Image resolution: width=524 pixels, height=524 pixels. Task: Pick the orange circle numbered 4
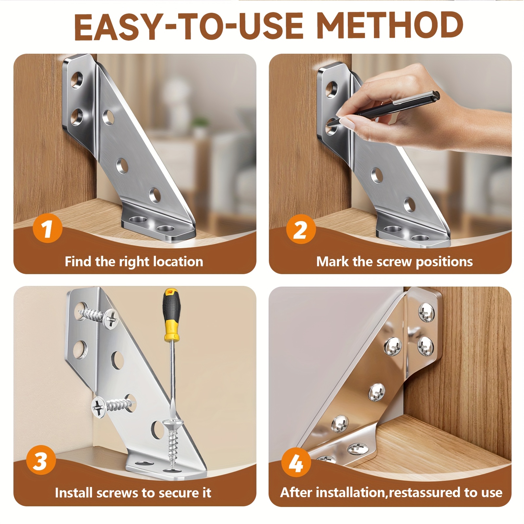(x=296, y=462)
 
